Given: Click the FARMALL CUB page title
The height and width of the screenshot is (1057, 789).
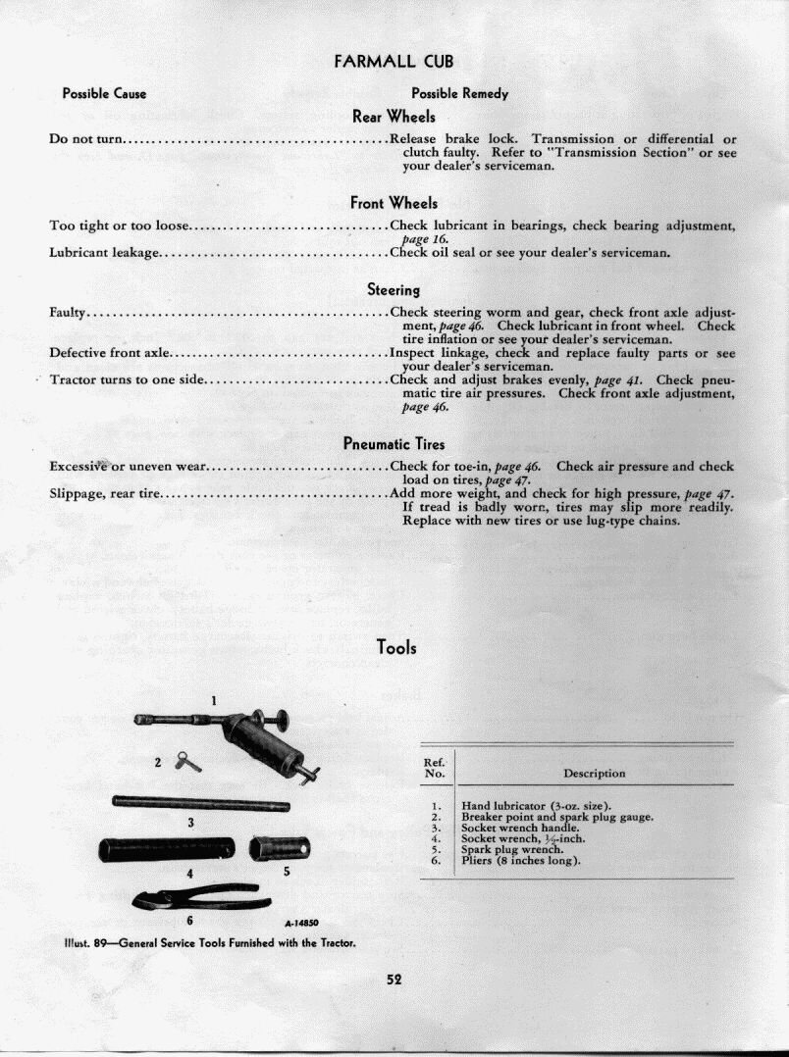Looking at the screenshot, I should (x=394, y=61).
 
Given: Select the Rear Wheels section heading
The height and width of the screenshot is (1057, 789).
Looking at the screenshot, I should (x=394, y=117).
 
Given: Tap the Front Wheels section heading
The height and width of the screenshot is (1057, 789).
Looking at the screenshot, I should (x=394, y=203).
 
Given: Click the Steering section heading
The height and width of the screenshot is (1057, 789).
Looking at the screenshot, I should (x=394, y=290).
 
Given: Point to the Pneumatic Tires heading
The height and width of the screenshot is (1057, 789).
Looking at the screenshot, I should (x=394, y=444).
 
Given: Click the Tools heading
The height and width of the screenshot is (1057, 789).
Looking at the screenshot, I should (x=396, y=647).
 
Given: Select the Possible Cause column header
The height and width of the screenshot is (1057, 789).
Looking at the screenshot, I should (x=104, y=94).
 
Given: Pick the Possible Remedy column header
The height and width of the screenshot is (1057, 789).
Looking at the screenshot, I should (x=459, y=94).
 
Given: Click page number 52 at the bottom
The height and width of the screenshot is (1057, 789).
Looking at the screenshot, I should (x=394, y=978).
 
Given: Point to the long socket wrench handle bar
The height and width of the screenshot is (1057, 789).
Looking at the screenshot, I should (x=201, y=804).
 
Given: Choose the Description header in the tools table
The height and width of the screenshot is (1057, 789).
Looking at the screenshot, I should (x=594, y=773).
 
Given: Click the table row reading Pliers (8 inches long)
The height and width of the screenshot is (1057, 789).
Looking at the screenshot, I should (x=520, y=861).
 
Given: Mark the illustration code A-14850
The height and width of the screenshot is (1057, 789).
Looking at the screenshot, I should (x=301, y=923).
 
